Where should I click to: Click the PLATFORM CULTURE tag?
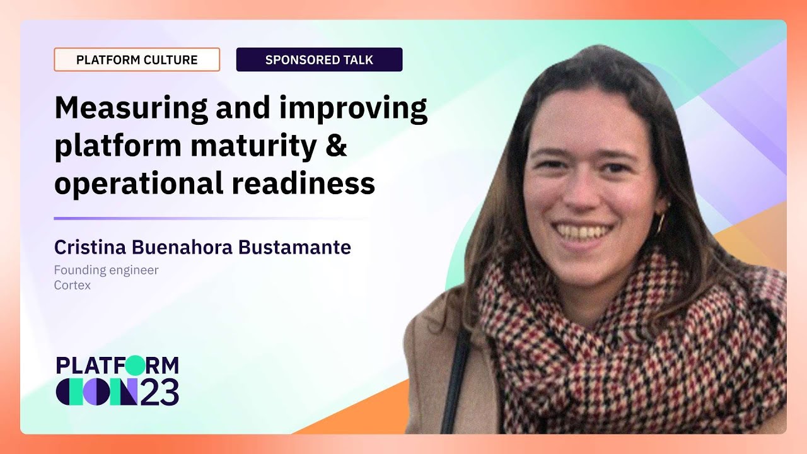[x=137, y=60]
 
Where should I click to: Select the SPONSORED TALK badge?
[x=319, y=60]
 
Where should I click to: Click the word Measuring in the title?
[x=131, y=108]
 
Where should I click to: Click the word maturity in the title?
[x=253, y=146]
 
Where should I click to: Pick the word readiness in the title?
[x=303, y=183]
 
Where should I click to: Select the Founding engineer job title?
[x=106, y=270]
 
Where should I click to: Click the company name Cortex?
[x=73, y=285]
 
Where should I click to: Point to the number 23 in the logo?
[x=160, y=392]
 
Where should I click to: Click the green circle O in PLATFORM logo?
[x=134, y=365]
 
